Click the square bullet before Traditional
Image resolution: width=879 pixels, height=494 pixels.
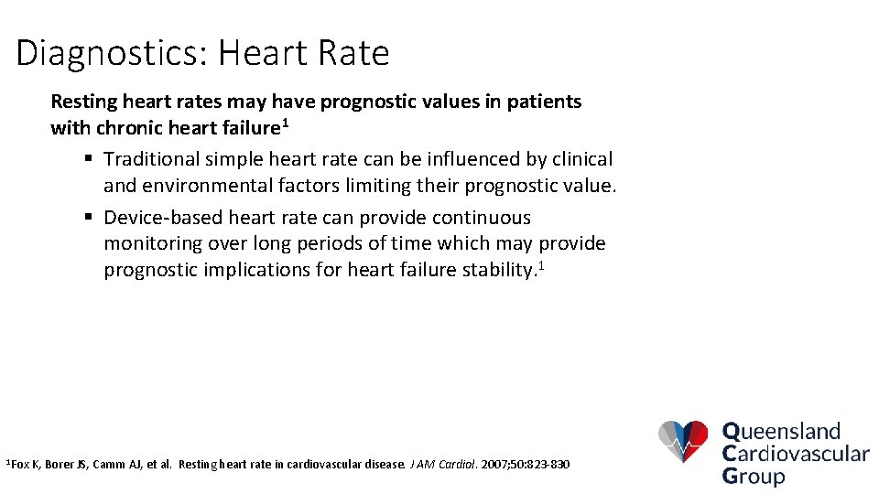89,159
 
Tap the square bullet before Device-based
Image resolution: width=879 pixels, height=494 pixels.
89,218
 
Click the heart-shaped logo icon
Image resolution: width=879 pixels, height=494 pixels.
683,442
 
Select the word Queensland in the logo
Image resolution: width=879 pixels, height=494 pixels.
781,431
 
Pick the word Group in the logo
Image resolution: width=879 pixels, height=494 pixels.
754,476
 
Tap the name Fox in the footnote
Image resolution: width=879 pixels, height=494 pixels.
20,465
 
